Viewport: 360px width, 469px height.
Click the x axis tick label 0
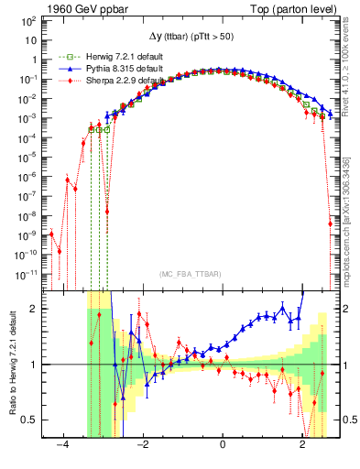pyautogui.click(x=223, y=444)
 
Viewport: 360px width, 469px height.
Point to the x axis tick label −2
pyautogui.click(x=143, y=444)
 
